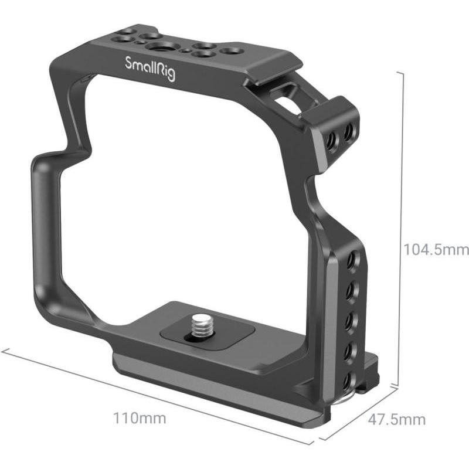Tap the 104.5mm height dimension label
coord(436,250)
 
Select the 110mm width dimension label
coord(140,418)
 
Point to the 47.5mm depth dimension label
coord(397,420)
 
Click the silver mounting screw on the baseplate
coord(200,325)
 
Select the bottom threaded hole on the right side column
coord(348,382)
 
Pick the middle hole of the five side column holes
coord(350,321)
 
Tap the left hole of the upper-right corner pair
coord(332,139)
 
